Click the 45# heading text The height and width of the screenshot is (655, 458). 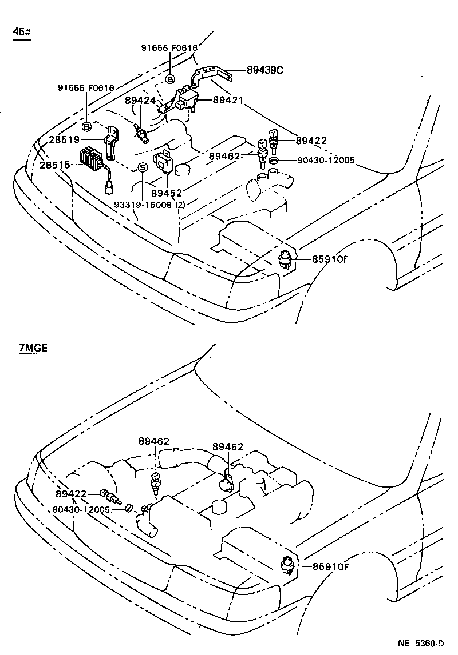point(21,31)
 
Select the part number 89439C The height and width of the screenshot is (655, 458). point(265,70)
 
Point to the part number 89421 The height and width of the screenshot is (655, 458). point(228,99)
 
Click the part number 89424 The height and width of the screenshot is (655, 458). point(140,101)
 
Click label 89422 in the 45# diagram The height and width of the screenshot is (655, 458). point(311,140)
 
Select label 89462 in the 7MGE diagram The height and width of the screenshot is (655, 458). point(153,441)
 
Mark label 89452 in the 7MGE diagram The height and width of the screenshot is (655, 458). point(228,446)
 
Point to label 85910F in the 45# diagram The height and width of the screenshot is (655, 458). point(330,259)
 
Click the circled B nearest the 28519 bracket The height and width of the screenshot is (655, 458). point(86,126)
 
